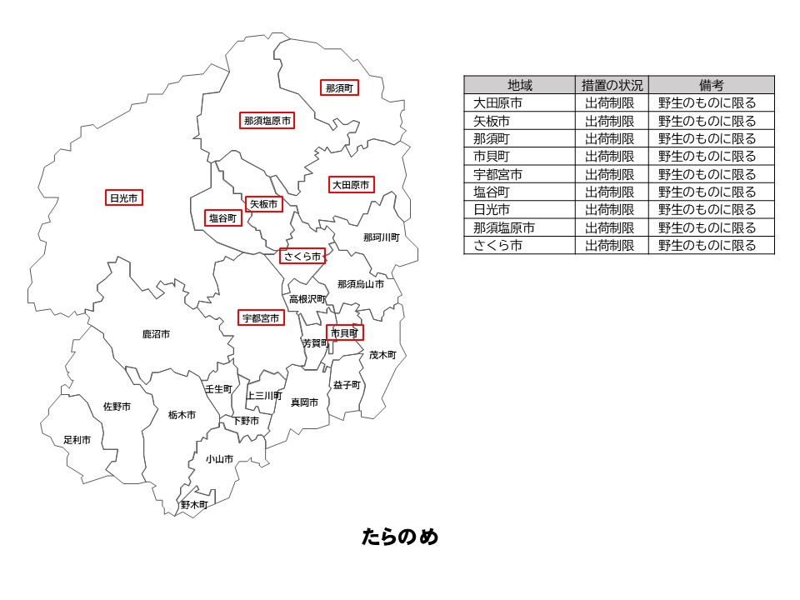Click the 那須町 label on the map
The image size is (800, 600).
tap(339, 87)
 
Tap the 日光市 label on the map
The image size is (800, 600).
tap(125, 197)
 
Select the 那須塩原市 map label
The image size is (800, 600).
tap(267, 121)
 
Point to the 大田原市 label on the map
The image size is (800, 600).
tap(350, 185)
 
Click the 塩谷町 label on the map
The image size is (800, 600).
tap(223, 218)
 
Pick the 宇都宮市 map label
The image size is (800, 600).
tap(261, 318)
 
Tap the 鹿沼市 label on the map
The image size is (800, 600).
tap(156, 334)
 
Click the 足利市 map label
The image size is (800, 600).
tap(77, 439)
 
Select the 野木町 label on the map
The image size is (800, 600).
tap(194, 504)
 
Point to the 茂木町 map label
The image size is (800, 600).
tap(382, 355)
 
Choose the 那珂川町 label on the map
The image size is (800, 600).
tap(381, 237)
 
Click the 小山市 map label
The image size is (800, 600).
tap(219, 459)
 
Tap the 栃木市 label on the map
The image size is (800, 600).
tap(182, 414)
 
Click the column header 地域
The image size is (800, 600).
tap(519, 85)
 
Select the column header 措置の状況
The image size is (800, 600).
tap(612, 85)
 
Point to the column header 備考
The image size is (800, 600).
tap(711, 85)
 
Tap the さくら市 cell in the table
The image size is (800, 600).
tap(497, 246)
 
